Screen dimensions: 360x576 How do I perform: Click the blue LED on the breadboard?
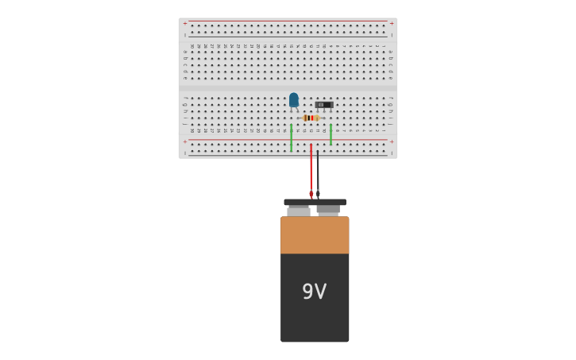coord(294,99)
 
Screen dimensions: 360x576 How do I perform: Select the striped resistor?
coord(311,118)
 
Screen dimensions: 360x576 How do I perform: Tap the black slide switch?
coord(324,105)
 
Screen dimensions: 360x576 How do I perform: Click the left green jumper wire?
coord(292,137)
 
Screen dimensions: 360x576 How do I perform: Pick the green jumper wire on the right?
coord(331,134)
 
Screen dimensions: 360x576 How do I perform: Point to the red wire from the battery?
coord(311,171)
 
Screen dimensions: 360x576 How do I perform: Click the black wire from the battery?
coord(318,171)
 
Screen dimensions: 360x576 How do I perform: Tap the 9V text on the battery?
coord(315,292)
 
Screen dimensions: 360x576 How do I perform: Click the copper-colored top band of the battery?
coord(315,235)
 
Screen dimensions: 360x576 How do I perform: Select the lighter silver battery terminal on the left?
coord(299,211)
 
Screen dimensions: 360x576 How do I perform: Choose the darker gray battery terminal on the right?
coord(328,210)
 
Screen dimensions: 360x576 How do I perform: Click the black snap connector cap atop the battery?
coord(315,202)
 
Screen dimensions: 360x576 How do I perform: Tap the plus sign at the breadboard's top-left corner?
coord(185,23)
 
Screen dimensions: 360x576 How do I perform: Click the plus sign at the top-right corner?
coord(391,23)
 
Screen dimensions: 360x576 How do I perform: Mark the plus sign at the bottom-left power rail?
coord(185,142)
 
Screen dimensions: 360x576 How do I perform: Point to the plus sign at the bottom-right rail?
coord(391,142)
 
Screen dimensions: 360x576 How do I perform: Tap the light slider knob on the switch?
coord(321,104)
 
